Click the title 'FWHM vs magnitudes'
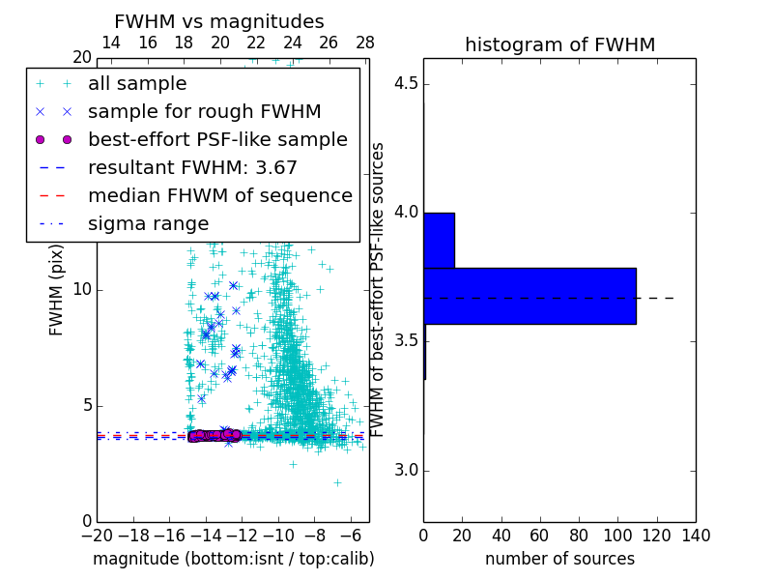pos(219,21)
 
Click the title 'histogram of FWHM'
pos(559,44)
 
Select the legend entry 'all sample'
pos(137,84)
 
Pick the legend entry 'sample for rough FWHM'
pos(204,112)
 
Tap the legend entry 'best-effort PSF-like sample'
pos(217,140)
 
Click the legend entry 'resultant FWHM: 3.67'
pos(192,168)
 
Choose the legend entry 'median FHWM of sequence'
pos(219,196)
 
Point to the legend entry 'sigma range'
pos(148,224)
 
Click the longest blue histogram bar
pos(530,296)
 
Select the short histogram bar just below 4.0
pos(439,240)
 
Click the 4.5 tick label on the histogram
pos(406,83)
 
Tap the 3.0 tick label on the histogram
pos(406,471)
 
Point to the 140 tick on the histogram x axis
pos(696,534)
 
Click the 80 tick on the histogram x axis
pos(579,534)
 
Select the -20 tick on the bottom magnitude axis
pos(97,534)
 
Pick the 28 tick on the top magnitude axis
pos(365,43)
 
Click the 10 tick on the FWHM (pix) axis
pos(83,290)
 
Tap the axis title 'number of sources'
pos(559,559)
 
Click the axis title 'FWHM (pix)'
pos(57,290)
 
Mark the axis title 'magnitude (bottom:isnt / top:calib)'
pos(233,559)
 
